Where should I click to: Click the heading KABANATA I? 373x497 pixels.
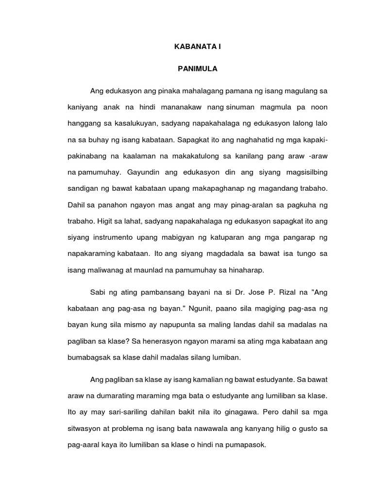pos(197,47)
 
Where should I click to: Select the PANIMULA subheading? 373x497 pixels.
pos(197,69)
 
